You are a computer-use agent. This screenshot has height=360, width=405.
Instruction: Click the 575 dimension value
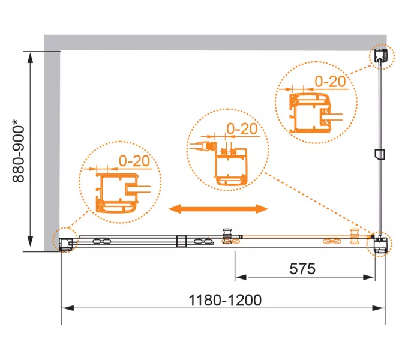pos(302,269)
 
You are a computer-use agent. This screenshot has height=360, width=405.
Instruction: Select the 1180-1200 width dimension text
pos(225,300)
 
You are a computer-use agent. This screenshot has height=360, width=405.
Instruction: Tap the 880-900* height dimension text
pos(19,151)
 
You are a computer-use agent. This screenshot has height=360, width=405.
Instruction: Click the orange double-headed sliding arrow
pos(218,209)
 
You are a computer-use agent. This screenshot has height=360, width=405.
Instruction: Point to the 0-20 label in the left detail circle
pos(134,161)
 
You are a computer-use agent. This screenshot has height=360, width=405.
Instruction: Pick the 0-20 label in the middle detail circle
pos(242,128)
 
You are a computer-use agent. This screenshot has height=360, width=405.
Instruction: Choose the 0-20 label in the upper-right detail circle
pos(331,82)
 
